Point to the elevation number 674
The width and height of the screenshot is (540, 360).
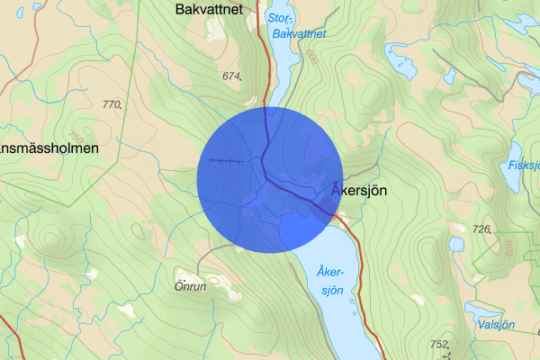tap(232, 76)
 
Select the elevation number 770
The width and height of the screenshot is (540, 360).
tap(112, 105)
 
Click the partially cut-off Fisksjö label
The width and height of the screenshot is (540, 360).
tap(523, 165)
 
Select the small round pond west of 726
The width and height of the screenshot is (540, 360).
tap(456, 243)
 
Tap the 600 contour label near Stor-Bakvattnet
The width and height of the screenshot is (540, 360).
tap(311, 56)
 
